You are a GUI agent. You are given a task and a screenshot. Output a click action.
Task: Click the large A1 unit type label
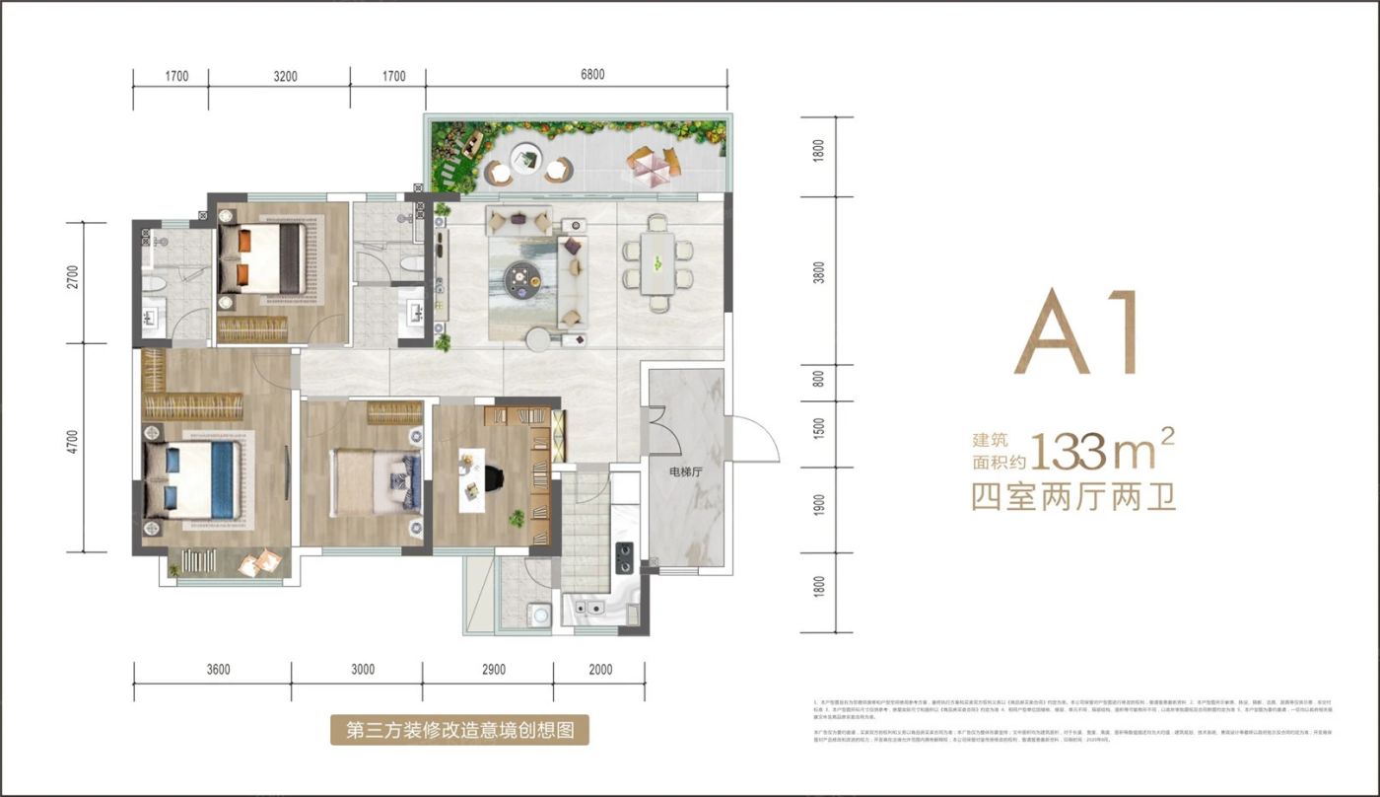1076,333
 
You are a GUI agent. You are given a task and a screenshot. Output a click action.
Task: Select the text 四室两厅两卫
1073,496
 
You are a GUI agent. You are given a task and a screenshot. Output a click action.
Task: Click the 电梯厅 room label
684,471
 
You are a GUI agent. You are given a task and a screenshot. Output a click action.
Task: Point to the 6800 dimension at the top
579,76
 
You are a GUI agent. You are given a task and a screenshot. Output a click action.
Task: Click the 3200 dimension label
279,76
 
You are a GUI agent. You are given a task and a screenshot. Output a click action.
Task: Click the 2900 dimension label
488,670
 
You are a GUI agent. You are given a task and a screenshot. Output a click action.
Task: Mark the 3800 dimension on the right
818,272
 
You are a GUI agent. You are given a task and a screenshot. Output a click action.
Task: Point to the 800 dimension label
818,379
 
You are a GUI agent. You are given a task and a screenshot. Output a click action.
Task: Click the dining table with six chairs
655,261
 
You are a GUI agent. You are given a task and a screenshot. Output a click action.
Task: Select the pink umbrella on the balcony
652,162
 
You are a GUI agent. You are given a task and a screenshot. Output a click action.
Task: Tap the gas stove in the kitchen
624,558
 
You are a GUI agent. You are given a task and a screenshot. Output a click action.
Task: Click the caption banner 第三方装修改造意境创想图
459,730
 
